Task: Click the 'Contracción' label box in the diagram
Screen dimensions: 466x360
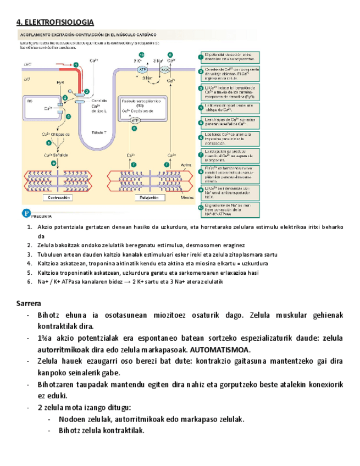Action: pyautogui.click(x=58, y=197)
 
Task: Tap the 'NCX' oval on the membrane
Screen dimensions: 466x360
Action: pyautogui.click(x=164, y=70)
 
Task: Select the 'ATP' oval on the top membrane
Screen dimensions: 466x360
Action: pyautogui.click(x=142, y=70)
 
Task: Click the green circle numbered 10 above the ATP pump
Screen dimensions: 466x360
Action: pyautogui.click(x=142, y=55)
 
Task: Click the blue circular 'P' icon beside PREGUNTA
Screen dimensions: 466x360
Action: pyautogui.click(x=25, y=213)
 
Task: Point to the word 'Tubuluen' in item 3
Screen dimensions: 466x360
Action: pyautogui.click(x=50, y=254)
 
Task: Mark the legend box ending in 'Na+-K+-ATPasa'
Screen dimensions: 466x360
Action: pyautogui.click(x=228, y=207)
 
